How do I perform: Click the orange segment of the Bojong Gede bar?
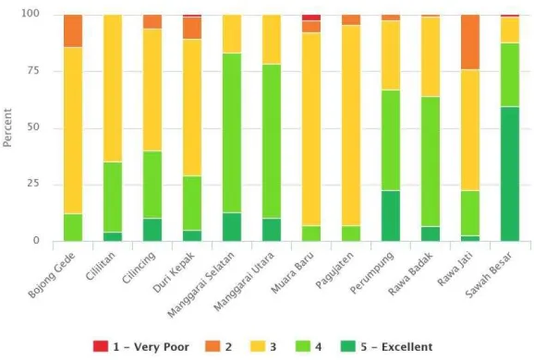[x=73, y=31]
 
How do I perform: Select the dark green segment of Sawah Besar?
[x=510, y=174]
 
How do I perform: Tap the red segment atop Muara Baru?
[x=311, y=18]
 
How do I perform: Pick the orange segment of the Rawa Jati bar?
[x=470, y=42]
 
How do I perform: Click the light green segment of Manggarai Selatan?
[x=232, y=133]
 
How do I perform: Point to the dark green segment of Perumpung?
[x=391, y=216]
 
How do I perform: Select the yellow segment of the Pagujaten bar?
[x=351, y=126]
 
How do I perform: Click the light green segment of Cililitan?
[x=113, y=197]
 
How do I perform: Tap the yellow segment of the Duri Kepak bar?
[x=192, y=107]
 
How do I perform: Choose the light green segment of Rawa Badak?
[x=431, y=162]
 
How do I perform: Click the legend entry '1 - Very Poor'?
[x=141, y=347]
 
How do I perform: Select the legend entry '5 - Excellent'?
[x=387, y=347]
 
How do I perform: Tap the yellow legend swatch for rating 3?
[x=258, y=346]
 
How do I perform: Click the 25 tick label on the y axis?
[x=32, y=184]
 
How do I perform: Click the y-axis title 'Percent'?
[x=7, y=127]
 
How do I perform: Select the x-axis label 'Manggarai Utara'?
[x=244, y=282]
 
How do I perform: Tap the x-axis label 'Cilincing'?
[x=139, y=268]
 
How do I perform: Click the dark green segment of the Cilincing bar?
[x=152, y=230]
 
